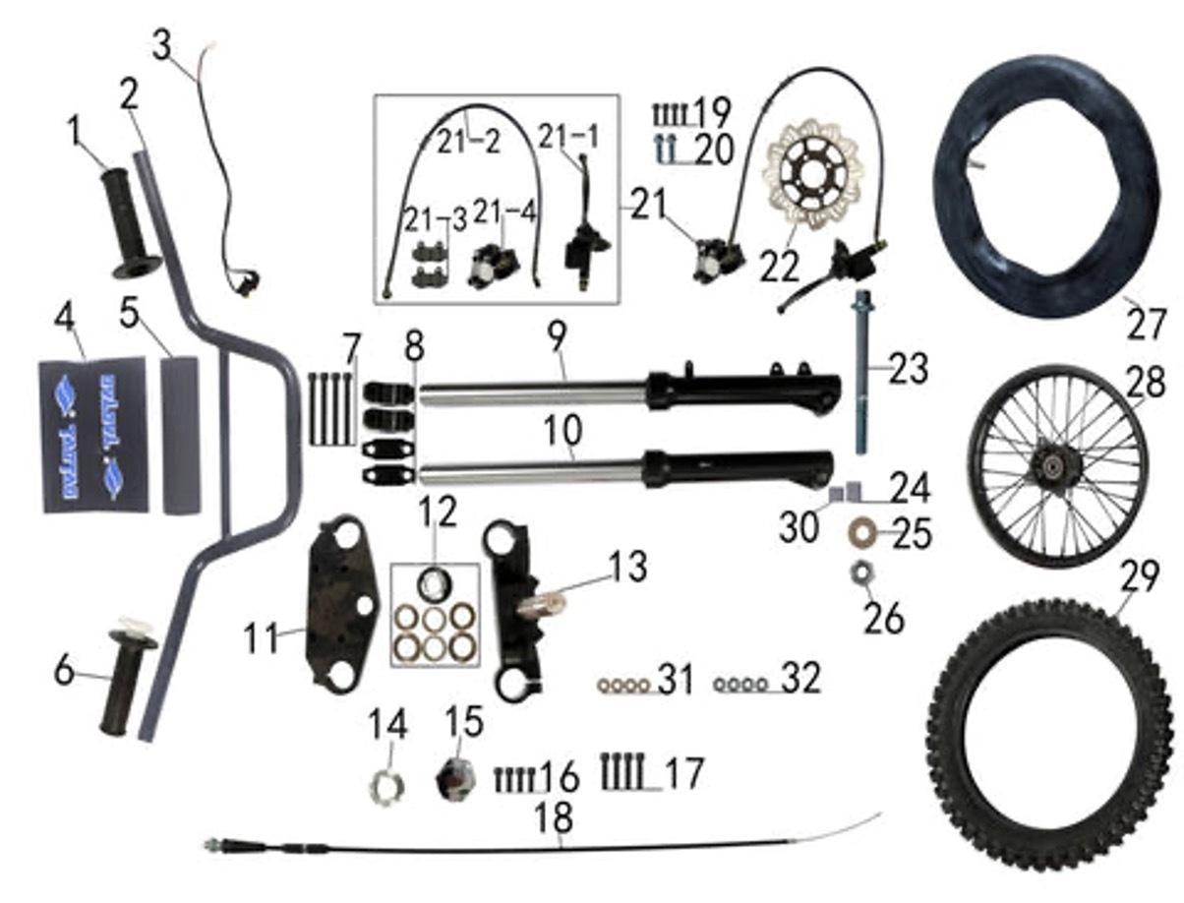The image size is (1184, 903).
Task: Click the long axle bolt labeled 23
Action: [863, 374]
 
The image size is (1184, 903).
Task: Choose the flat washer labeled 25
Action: [864, 533]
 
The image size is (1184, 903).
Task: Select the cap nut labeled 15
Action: [455, 776]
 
